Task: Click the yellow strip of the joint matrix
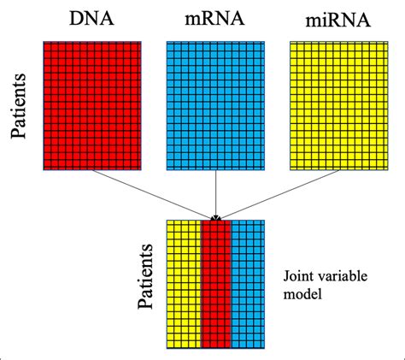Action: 183,284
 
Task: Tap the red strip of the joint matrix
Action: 216,284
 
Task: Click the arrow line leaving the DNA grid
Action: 154,192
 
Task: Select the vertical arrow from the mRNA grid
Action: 216,192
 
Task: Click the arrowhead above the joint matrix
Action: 216,217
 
